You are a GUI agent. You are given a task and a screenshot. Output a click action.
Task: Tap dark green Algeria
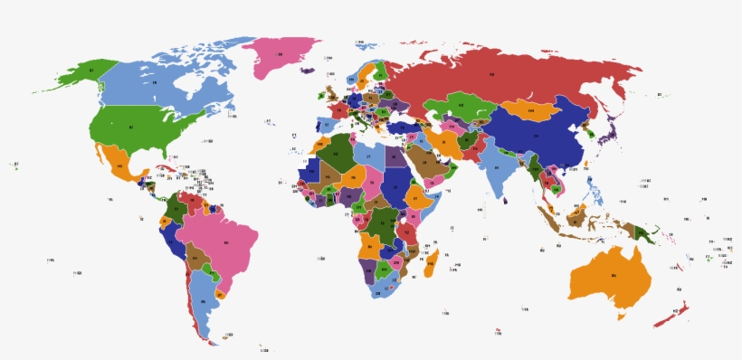click(337, 155)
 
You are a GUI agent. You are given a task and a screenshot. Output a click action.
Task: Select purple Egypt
click(395, 156)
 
